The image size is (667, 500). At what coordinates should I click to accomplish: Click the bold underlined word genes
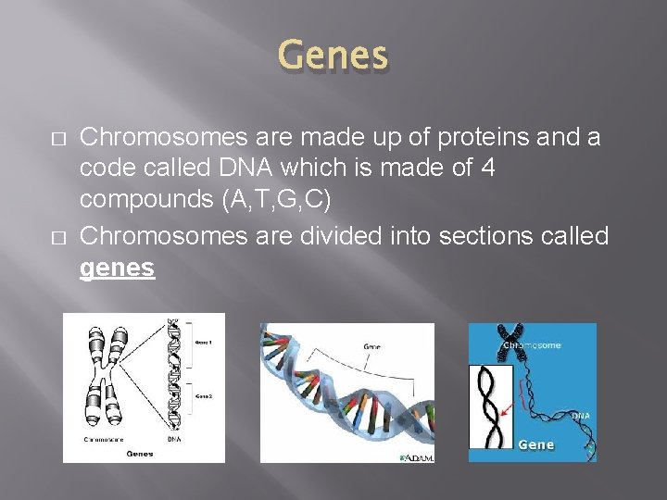point(118,269)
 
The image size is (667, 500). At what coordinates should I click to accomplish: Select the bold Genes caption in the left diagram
point(140,454)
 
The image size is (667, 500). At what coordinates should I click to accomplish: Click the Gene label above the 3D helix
point(371,347)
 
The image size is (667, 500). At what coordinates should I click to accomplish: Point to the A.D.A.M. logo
point(417,456)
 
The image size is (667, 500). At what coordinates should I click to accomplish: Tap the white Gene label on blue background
point(535,445)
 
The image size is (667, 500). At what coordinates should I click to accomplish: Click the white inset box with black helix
point(491,407)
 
